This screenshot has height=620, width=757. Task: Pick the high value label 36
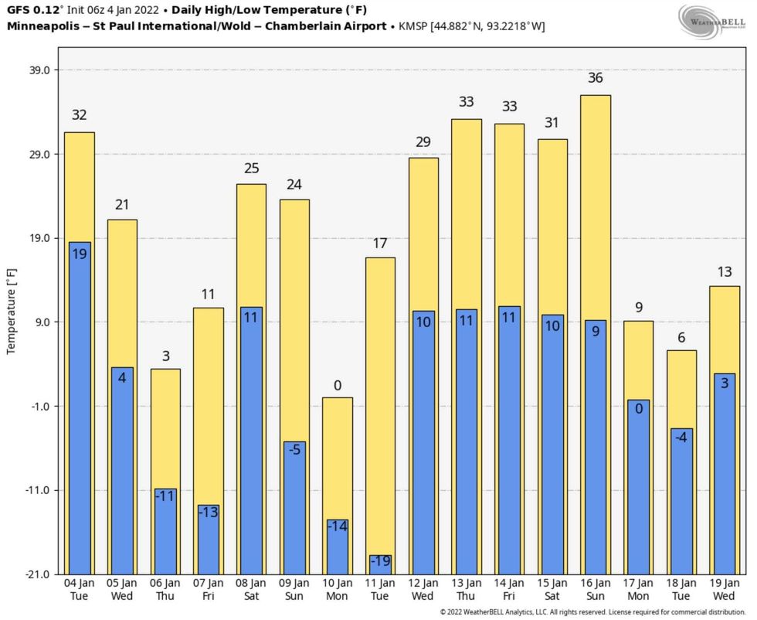(596, 78)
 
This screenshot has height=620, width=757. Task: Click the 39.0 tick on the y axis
(39, 70)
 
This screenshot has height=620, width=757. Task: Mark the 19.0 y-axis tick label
(39, 238)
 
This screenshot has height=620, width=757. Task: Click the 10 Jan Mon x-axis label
(337, 589)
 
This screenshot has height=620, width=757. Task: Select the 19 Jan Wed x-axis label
(725, 589)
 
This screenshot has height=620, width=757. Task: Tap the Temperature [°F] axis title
(11, 312)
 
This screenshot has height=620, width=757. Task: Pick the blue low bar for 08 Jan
(251, 441)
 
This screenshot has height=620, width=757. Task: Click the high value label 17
(380, 244)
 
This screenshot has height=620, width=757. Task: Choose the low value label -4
(682, 438)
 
